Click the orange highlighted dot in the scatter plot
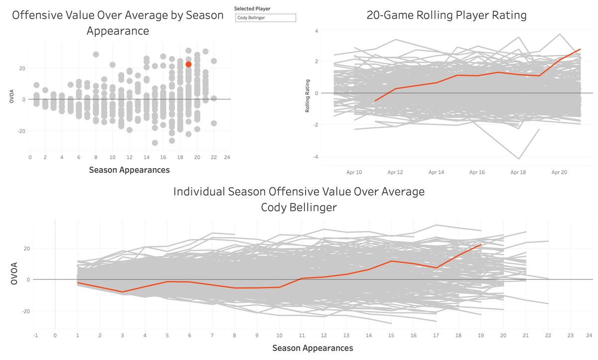coord(188,64)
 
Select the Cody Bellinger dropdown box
coord(266,18)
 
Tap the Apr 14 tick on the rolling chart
coord(436,172)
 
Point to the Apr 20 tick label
coord(560,172)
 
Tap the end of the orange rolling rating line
coord(580,49)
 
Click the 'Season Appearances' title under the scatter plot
coord(129,170)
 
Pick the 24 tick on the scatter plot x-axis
coord(227,157)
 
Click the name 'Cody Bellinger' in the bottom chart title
coord(299,207)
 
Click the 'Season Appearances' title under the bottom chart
coord(312,348)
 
